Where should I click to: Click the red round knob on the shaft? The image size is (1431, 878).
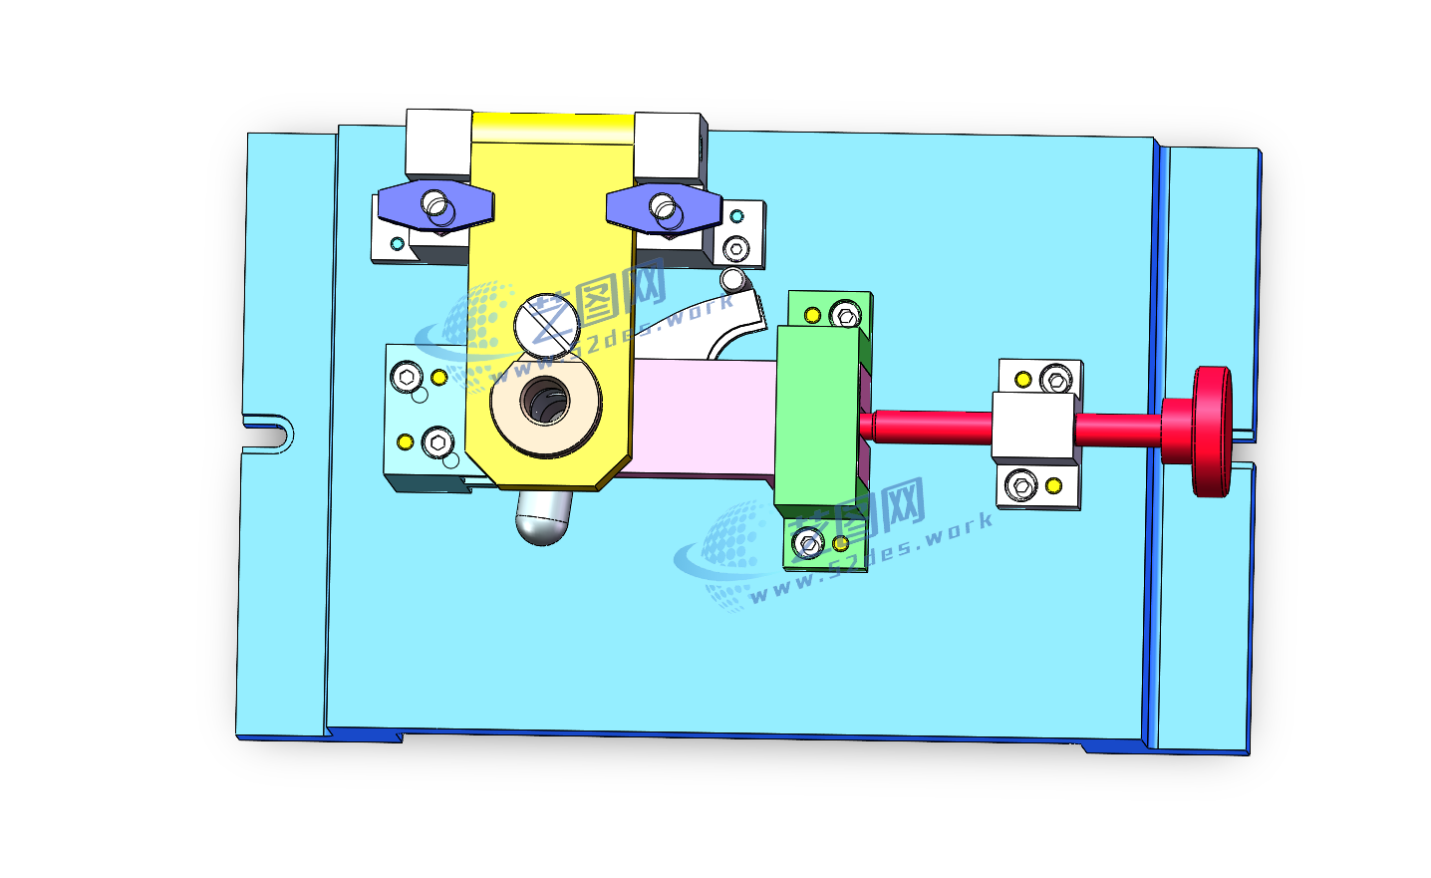point(1211,431)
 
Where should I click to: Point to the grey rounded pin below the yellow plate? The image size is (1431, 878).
point(543,517)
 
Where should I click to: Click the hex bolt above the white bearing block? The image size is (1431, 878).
point(1056,379)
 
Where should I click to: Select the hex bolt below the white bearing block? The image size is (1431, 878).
point(1020,485)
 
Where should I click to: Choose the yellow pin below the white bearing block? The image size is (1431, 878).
point(1053,486)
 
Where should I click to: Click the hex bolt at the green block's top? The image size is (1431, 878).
point(846,315)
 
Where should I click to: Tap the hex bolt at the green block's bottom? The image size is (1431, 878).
point(806,543)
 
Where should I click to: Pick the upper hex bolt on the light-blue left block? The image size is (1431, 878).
point(406,376)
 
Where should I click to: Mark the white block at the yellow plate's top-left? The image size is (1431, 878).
point(437,145)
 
